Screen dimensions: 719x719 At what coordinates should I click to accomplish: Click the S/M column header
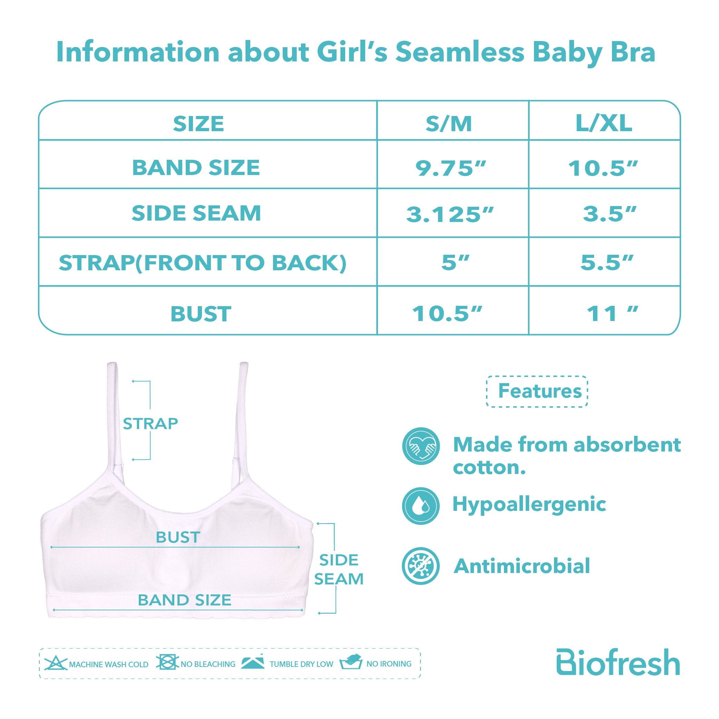449,124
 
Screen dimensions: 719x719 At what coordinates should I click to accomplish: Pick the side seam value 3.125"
449,214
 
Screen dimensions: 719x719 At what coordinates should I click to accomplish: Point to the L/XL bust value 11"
612,313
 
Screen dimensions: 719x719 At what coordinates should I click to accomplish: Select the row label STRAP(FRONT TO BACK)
203,263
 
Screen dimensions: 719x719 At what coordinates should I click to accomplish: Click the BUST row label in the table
201,314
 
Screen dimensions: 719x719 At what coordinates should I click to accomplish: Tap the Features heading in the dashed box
540,391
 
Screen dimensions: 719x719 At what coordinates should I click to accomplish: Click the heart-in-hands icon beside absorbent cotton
421,446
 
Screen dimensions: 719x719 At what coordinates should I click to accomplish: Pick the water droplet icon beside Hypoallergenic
421,506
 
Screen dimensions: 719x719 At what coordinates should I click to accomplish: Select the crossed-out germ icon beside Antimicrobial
421,566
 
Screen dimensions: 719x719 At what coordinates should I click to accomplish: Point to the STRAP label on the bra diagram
150,424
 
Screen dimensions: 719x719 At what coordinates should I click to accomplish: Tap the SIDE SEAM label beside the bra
339,570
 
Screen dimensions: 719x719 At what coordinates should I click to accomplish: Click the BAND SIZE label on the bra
185,600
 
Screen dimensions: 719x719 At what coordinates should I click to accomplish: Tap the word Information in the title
138,52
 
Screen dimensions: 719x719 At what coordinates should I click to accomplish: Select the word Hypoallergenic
529,506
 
